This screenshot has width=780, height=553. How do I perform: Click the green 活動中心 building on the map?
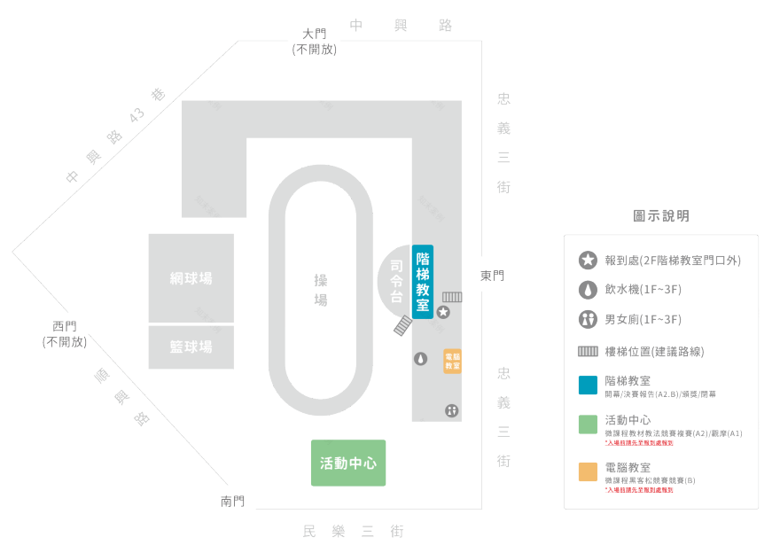click(x=348, y=463)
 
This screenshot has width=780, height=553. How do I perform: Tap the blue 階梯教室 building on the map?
click(x=423, y=282)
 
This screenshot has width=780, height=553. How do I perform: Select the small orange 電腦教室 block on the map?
click(x=452, y=362)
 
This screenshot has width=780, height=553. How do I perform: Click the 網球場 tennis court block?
click(x=191, y=278)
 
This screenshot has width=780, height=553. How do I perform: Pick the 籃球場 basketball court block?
click(x=191, y=347)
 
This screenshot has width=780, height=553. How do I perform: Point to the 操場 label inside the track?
click(x=320, y=290)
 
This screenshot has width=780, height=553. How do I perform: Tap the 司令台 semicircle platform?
click(x=394, y=280)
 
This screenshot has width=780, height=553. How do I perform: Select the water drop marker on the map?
click(x=420, y=359)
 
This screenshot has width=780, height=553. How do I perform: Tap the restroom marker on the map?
click(x=452, y=411)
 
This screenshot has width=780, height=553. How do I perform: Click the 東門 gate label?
click(x=492, y=276)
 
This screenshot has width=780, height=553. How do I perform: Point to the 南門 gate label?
click(x=232, y=502)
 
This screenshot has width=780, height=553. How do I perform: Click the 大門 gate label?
click(x=314, y=34)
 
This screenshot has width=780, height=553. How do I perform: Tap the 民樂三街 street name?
click(x=353, y=532)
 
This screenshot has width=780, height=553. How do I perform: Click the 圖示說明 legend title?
click(x=661, y=216)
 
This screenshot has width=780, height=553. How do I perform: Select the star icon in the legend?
click(x=587, y=261)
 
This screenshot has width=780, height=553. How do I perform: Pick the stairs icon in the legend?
click(x=587, y=352)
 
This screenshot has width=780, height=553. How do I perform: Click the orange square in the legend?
click(x=587, y=472)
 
